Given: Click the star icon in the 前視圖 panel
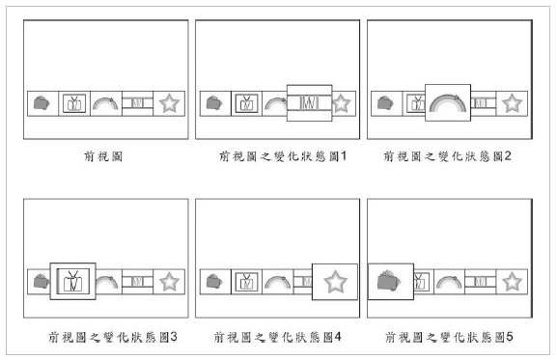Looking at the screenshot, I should point(169,101).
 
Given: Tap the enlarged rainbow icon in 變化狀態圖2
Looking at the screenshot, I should point(447,101).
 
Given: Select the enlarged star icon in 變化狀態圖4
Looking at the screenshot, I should point(335,282).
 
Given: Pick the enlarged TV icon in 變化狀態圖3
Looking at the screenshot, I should point(73,282).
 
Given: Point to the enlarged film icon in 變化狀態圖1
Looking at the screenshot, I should point(309,101).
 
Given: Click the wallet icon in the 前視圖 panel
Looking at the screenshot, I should point(42,101).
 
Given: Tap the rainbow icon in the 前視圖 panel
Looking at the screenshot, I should point(105,101).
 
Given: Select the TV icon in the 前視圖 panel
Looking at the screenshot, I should point(74,101).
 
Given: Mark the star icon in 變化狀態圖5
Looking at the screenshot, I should point(513,282).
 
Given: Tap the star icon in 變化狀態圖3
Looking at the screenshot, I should point(169,282).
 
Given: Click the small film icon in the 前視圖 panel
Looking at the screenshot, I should point(137,101).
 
